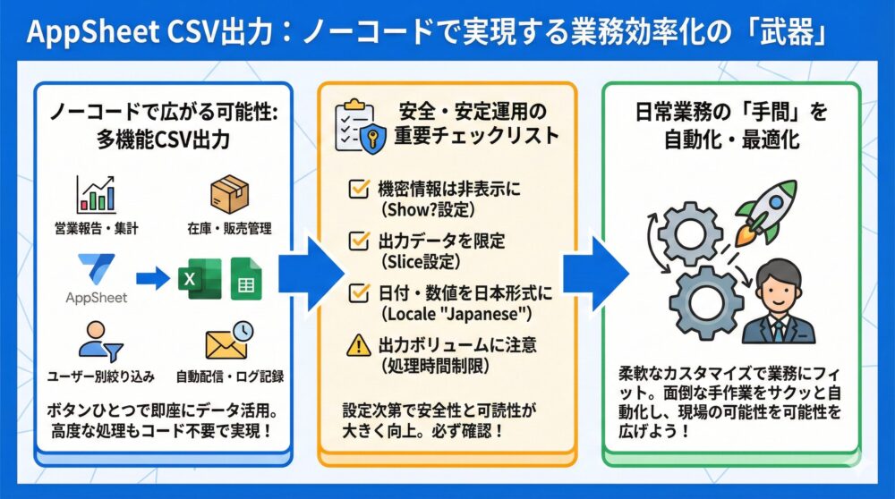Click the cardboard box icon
point(227,194)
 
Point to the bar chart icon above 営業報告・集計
point(97,194)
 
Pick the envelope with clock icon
point(229,343)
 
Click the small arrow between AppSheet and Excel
point(153,277)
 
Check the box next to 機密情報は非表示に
point(359,189)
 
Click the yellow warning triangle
point(359,344)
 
